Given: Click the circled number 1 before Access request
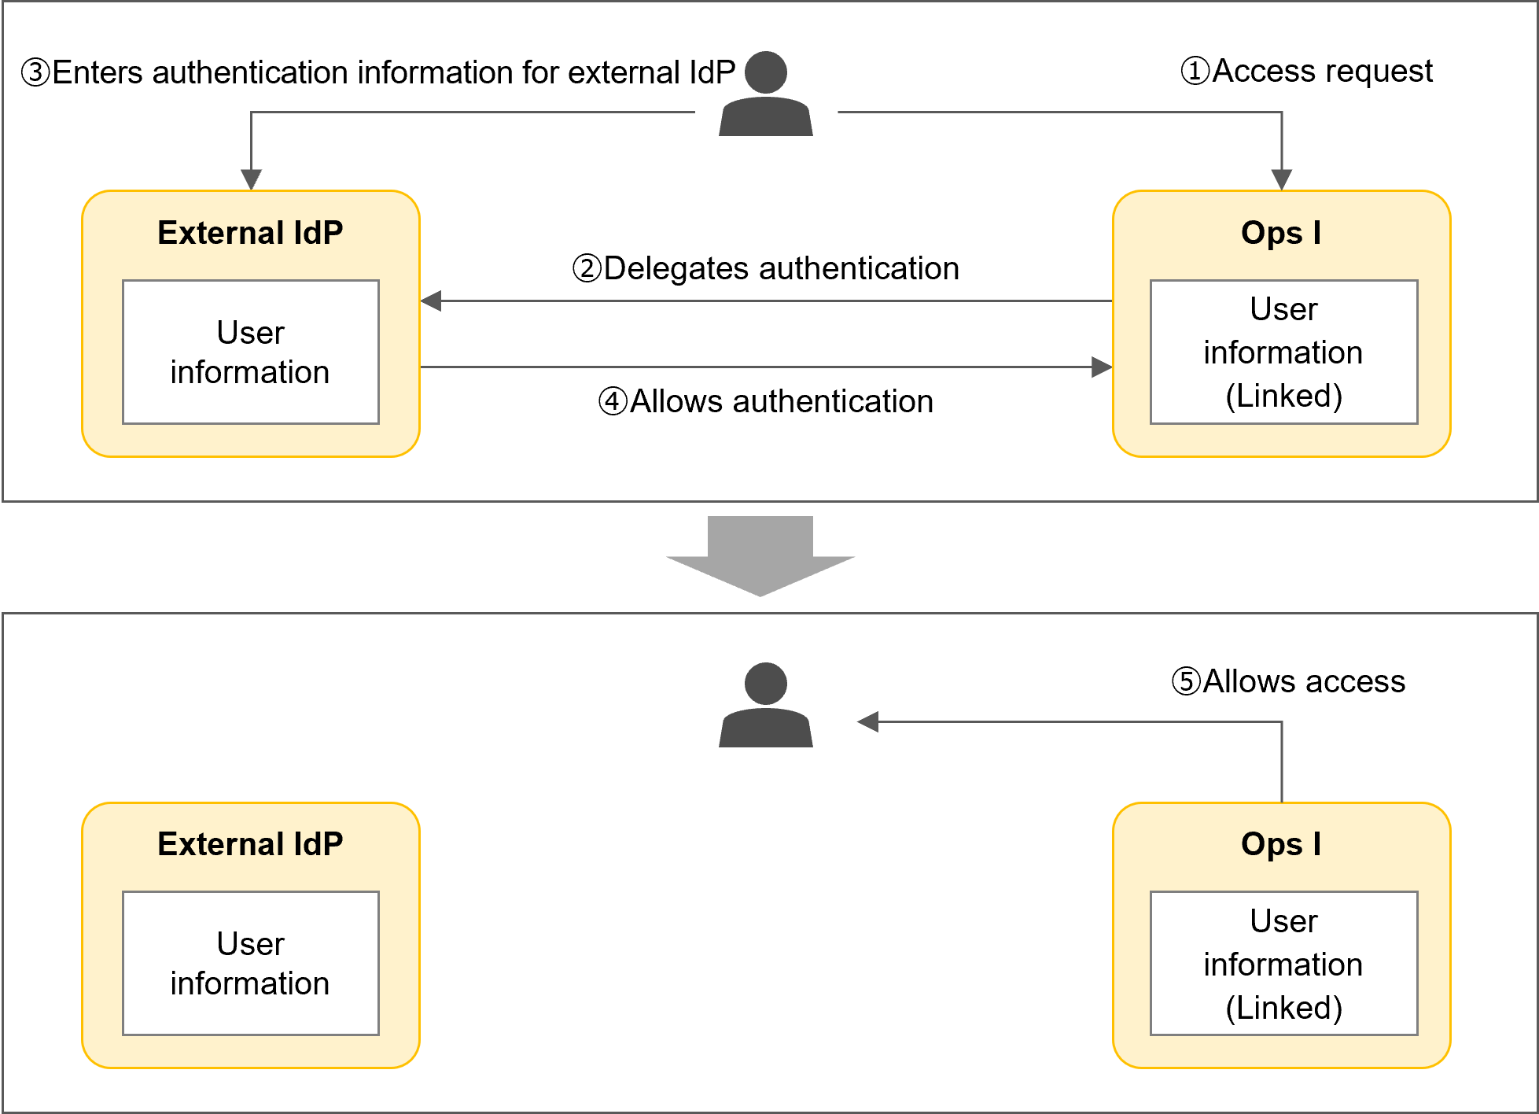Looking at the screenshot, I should [1195, 71].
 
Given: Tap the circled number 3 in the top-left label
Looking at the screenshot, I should [35, 72].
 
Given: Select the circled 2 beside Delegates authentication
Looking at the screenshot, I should [587, 268].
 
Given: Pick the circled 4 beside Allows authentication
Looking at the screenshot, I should [613, 401].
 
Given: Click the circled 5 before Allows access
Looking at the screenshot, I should [1186, 681].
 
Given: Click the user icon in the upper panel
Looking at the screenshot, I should [766, 94].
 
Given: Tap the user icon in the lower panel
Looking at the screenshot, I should [766, 706].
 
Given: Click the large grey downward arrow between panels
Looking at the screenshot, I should [760, 555].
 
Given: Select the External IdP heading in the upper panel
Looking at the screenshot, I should [250, 233].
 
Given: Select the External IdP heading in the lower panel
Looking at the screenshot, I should [250, 844].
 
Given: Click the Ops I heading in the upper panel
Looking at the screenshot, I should [1281, 233].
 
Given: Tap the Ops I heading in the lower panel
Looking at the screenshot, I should [1281, 844].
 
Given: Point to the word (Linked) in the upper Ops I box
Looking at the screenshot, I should [1283, 396].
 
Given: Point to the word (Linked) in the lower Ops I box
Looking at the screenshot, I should [1283, 1008].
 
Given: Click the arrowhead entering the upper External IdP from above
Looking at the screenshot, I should [251, 179].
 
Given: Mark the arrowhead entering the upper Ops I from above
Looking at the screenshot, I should [1282, 179].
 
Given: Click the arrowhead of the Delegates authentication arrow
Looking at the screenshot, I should [431, 301].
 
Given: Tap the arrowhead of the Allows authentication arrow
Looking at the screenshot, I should [1102, 367].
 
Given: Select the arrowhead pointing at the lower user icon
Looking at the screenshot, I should [867, 721].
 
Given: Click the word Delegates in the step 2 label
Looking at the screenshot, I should [676, 268].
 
